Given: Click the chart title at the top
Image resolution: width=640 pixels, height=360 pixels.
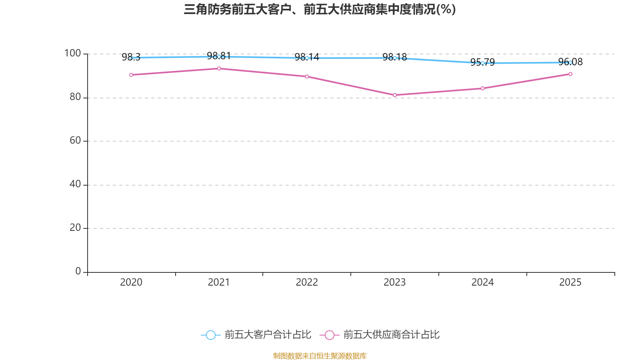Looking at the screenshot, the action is click(x=320, y=10).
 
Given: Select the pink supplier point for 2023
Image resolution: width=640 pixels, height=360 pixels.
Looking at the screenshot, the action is click(x=395, y=95).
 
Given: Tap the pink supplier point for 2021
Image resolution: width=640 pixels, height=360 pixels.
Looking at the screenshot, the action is click(x=219, y=68).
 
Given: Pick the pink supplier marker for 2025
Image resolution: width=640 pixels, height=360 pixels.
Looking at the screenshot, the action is click(x=570, y=74).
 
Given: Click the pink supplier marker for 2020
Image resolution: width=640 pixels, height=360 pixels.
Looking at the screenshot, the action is click(x=131, y=75).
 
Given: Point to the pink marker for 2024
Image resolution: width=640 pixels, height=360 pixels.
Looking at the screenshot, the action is click(x=482, y=88).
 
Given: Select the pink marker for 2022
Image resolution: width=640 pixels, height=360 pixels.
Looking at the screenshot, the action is click(x=307, y=76).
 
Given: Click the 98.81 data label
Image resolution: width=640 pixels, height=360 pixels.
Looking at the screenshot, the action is click(x=219, y=56).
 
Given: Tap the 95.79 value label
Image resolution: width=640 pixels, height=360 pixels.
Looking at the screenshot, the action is click(x=482, y=62).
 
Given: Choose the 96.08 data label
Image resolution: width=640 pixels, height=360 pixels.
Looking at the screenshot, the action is click(x=570, y=62).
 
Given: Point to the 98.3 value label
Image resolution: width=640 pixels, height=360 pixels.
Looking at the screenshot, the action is click(x=131, y=57).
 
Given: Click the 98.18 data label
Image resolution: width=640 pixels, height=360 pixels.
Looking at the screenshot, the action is click(x=394, y=57).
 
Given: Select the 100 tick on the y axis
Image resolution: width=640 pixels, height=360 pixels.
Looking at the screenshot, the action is click(x=72, y=53).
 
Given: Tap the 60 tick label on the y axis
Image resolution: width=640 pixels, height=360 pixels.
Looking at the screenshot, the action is click(x=76, y=140).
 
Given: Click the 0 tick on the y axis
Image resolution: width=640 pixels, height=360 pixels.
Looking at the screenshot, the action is click(x=78, y=271).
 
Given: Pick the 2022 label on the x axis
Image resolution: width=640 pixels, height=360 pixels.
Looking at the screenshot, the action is click(x=307, y=282).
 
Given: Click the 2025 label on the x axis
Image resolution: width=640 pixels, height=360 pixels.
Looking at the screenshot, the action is click(x=570, y=282).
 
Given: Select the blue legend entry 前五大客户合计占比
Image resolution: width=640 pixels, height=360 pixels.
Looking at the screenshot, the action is click(x=256, y=334).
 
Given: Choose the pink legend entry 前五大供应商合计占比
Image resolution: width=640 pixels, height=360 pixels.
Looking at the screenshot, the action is click(x=380, y=334).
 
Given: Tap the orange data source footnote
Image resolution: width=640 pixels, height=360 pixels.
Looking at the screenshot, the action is click(x=320, y=356).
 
